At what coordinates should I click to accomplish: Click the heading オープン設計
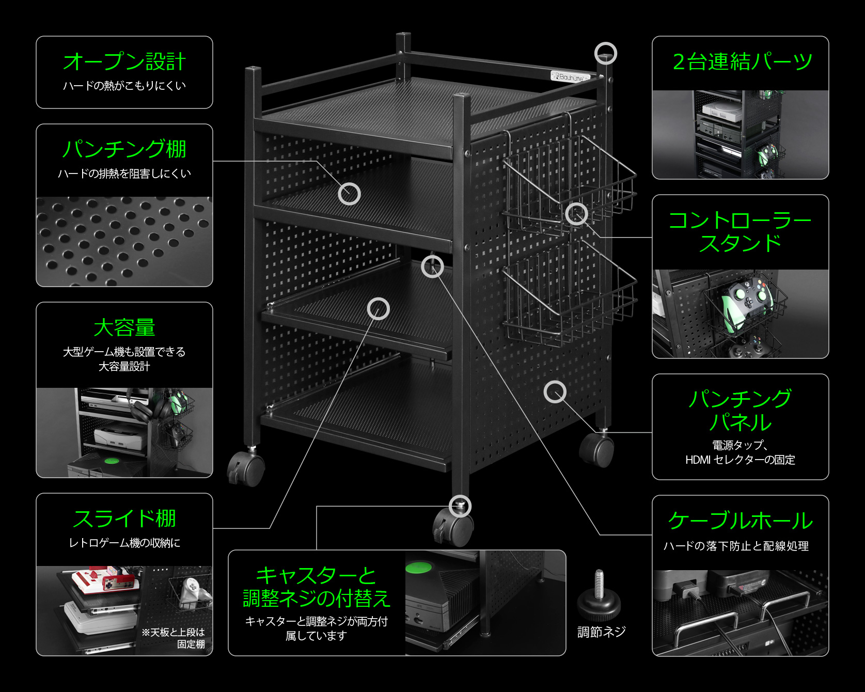coord(124,62)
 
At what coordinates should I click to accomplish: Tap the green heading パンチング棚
coord(124,149)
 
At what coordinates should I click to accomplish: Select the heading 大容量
coord(124,328)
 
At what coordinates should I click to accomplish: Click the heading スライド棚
coord(124,519)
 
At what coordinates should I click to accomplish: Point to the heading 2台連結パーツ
coord(742,62)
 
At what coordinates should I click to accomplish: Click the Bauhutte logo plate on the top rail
coord(570,77)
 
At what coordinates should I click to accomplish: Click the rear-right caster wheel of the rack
coord(597,449)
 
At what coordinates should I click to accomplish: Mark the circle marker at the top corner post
coord(605,53)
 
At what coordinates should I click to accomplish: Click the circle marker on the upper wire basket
coord(576,214)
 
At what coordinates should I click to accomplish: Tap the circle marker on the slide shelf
coord(378,309)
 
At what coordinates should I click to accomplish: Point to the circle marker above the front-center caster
coord(460,506)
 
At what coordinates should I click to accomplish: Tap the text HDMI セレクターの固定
coord(740,460)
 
